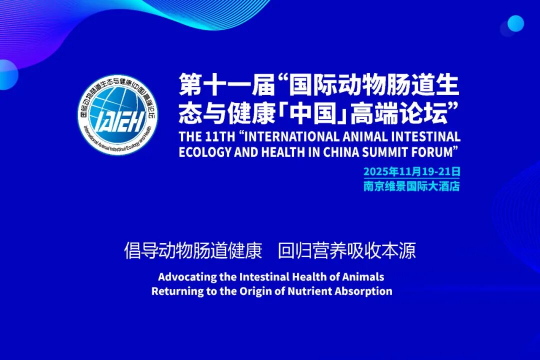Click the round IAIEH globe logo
[x=118, y=114]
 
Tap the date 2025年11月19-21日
[x=412, y=171]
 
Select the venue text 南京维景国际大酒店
[x=412, y=186]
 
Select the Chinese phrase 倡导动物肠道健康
[x=193, y=250]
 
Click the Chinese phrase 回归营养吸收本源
[x=346, y=250]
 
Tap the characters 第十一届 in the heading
[x=227, y=84]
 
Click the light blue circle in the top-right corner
[x=515, y=23]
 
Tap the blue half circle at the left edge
[x=7, y=75]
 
